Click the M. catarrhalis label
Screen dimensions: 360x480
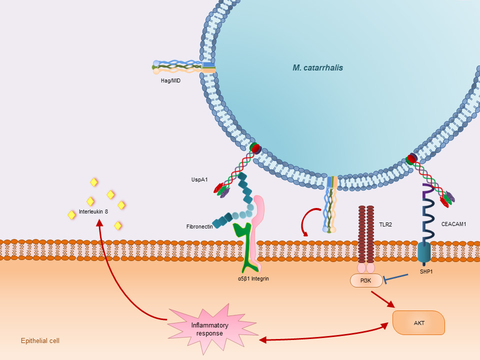(x=317, y=67)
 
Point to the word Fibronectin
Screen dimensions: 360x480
(x=199, y=226)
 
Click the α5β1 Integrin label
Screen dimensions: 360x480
(x=253, y=278)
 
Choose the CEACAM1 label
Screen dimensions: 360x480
(x=454, y=224)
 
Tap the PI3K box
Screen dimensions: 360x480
(x=366, y=281)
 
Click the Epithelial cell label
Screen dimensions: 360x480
(x=40, y=341)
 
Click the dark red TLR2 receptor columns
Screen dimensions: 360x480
(x=366, y=232)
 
